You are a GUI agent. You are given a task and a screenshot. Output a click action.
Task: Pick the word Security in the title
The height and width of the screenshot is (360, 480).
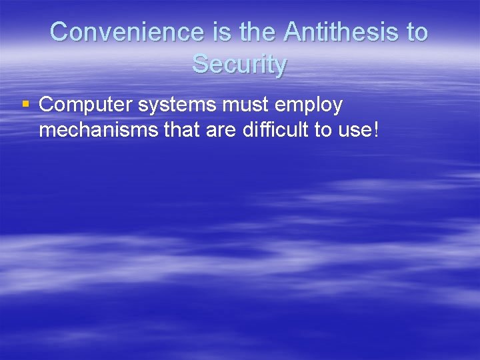[239, 65]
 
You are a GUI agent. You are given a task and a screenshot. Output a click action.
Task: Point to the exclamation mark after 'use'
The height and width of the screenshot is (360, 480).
[375, 129]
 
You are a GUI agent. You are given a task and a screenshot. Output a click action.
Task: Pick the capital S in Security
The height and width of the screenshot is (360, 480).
[201, 65]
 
